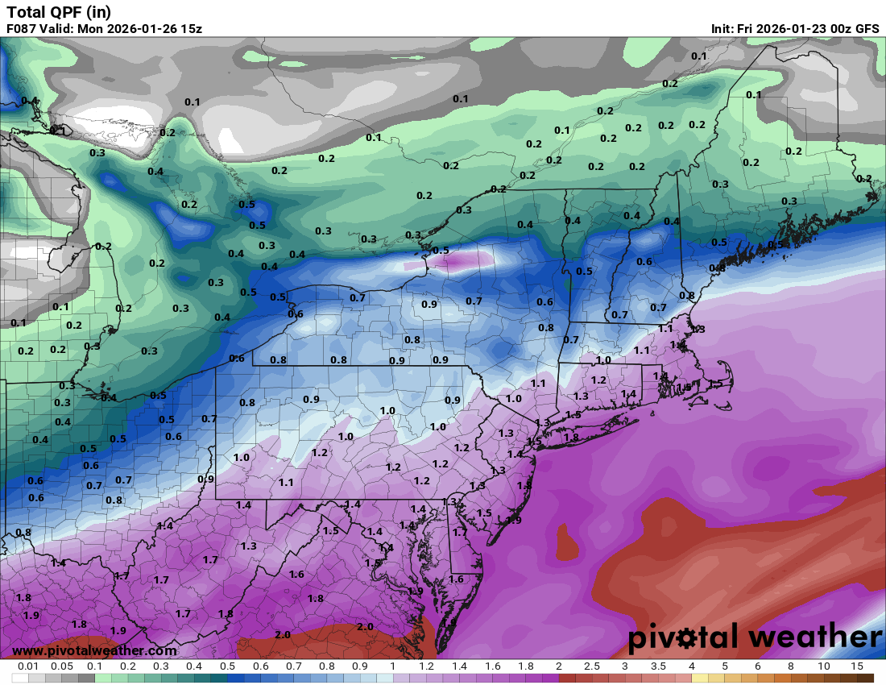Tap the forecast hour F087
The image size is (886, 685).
(22, 28)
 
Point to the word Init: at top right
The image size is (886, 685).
(722, 28)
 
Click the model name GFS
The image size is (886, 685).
(867, 28)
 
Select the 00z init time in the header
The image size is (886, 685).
(837, 28)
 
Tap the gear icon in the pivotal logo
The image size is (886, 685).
(688, 639)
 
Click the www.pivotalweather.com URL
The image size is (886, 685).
(94, 650)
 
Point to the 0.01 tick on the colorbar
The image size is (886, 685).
(29, 666)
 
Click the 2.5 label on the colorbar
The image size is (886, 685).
(592, 666)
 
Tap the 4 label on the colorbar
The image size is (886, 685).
(692, 666)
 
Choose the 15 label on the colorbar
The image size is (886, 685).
(857, 666)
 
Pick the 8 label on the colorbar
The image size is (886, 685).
(791, 666)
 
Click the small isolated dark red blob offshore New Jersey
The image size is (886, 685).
(567, 542)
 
